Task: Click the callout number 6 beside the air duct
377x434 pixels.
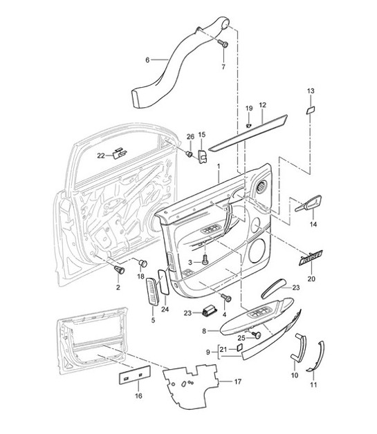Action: (147, 60)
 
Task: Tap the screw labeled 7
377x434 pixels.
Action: (223, 44)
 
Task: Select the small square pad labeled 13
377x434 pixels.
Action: (311, 109)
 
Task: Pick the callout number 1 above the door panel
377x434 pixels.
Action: (218, 167)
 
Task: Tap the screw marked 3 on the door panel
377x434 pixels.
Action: (205, 261)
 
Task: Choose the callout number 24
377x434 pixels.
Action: (165, 309)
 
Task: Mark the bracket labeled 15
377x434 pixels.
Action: (203, 158)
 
